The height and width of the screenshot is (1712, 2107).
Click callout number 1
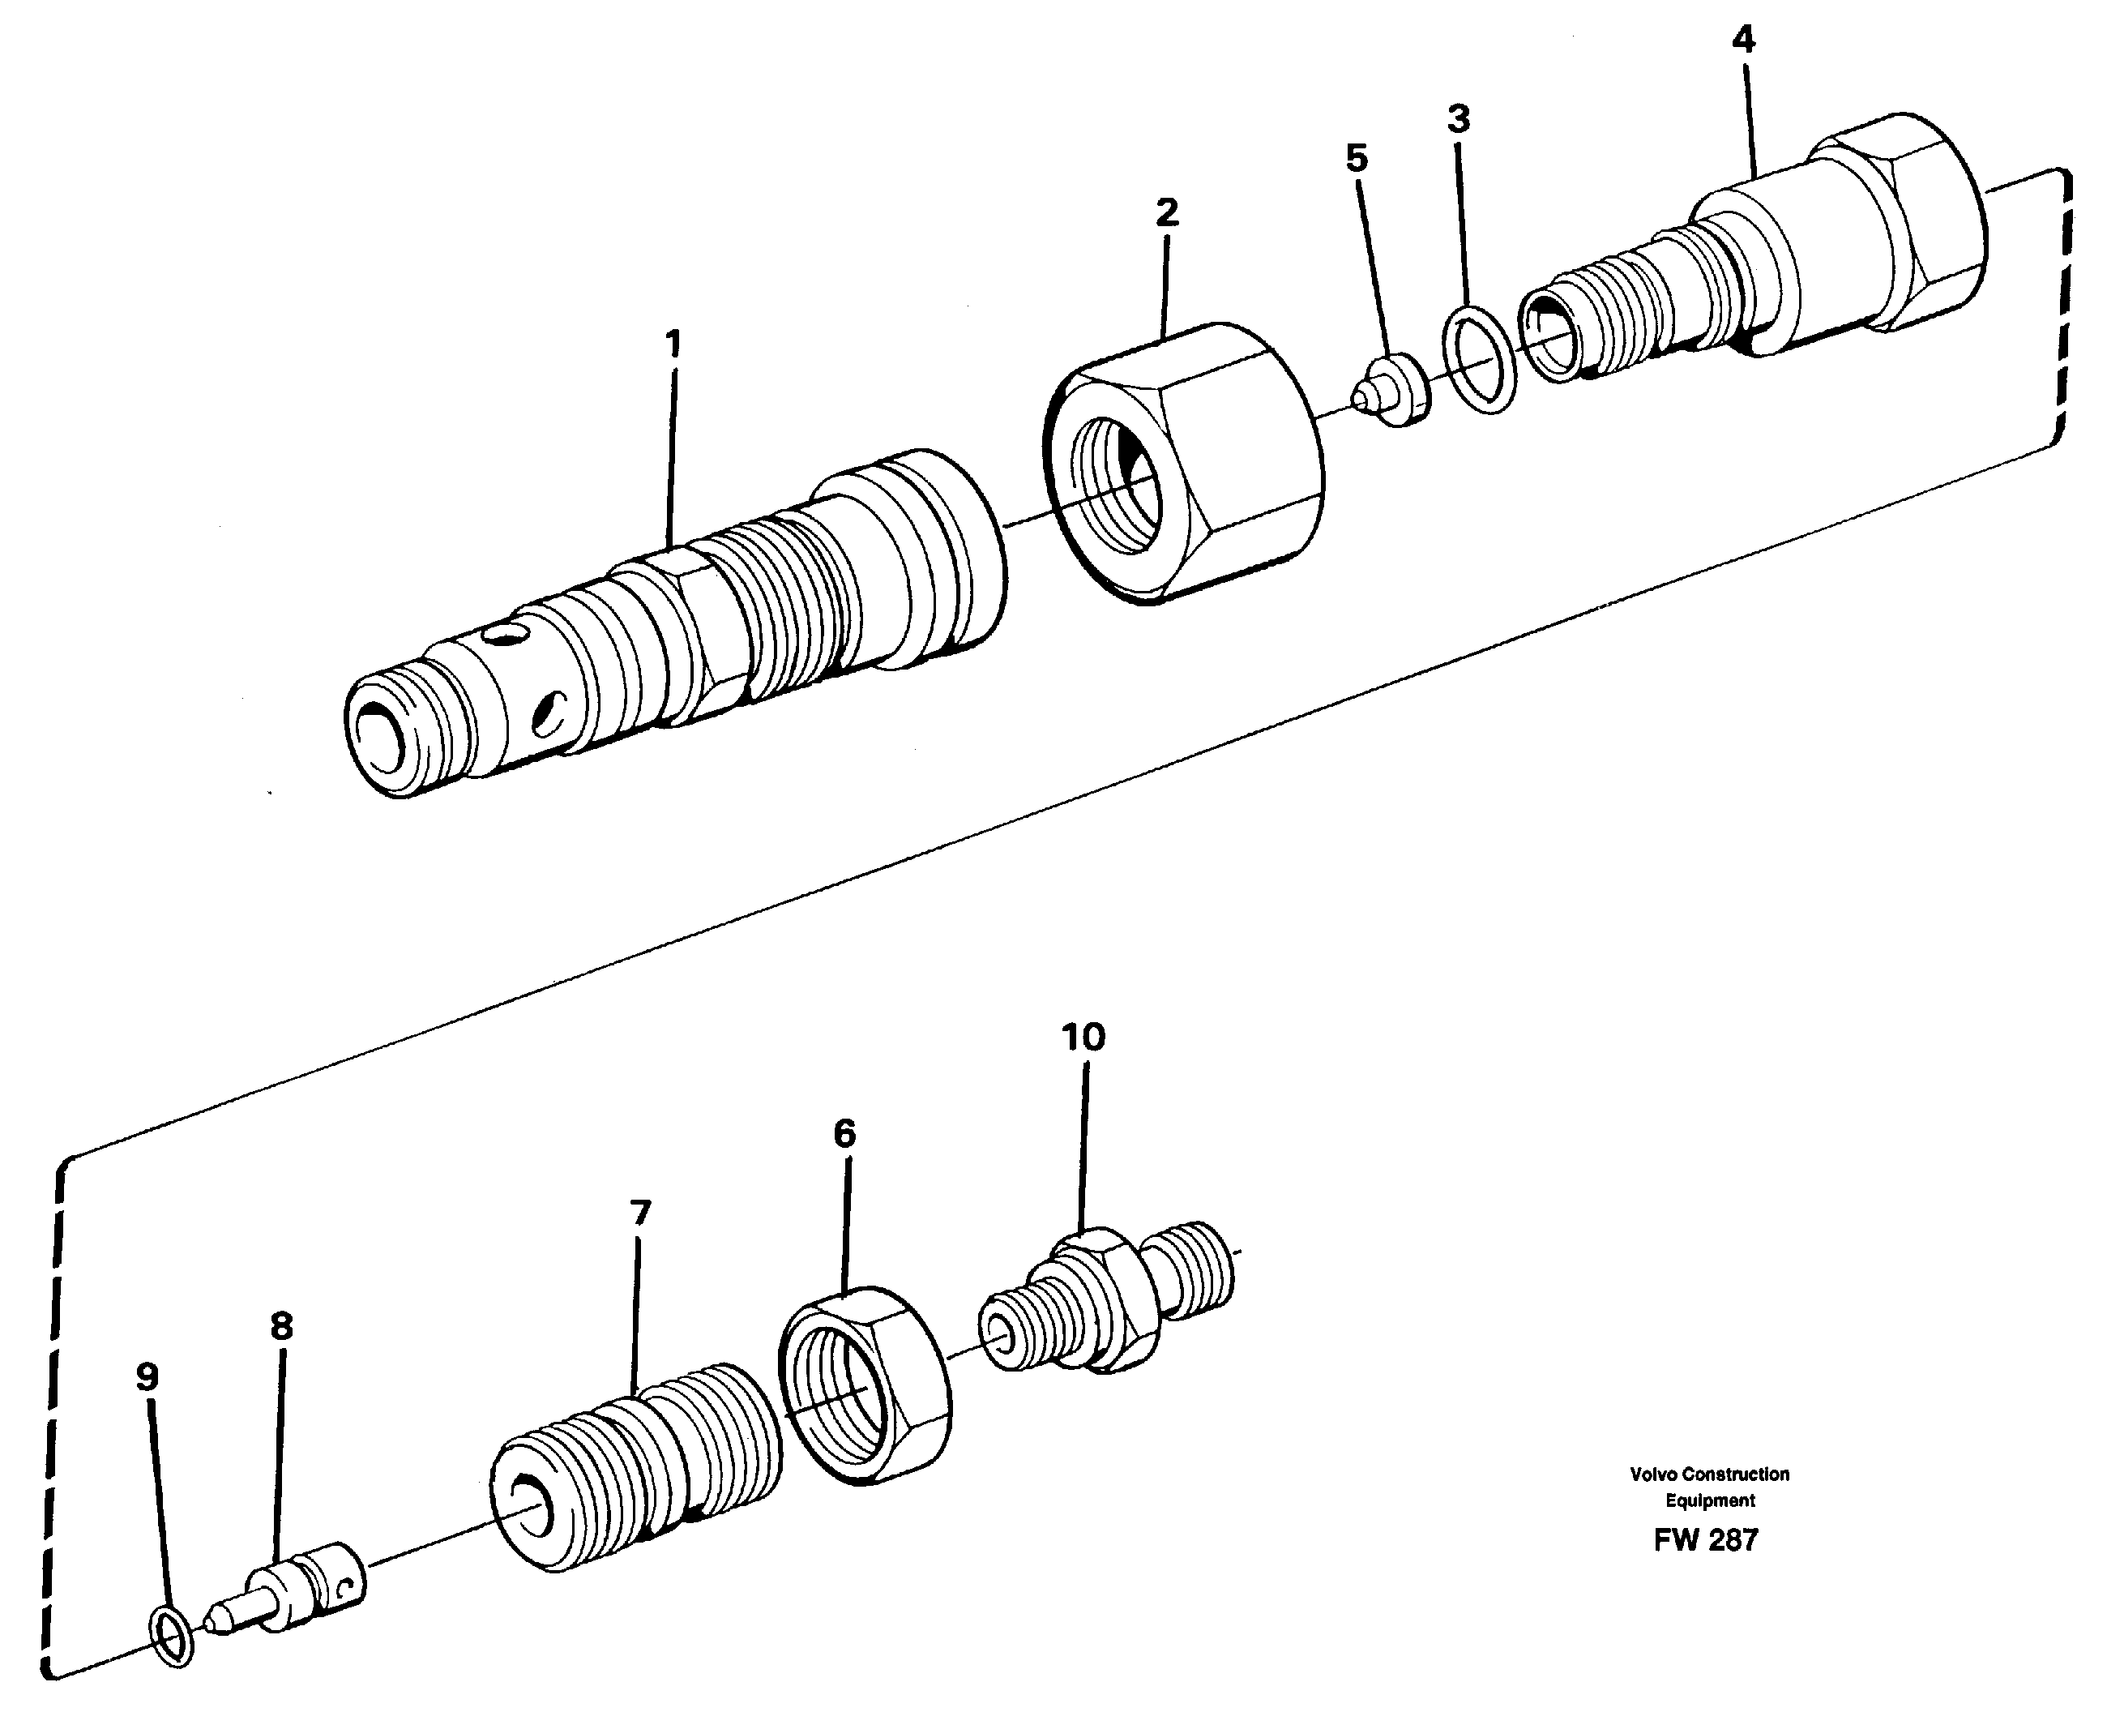pyautogui.click(x=673, y=345)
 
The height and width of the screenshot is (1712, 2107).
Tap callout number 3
pyautogui.click(x=1458, y=119)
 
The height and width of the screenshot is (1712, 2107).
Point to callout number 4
pyautogui.click(x=1743, y=41)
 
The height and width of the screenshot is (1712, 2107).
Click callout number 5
pyautogui.click(x=1357, y=158)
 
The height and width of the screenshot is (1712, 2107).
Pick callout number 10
pyautogui.click(x=1083, y=1037)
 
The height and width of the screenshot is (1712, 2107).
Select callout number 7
pyautogui.click(x=640, y=1212)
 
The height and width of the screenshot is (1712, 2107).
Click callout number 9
pyautogui.click(x=147, y=1376)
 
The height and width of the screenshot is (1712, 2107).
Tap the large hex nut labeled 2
pyautogui.click(x=1183, y=464)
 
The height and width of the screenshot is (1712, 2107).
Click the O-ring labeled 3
pyautogui.click(x=1478, y=361)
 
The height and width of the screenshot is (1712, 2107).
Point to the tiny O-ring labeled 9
pyautogui.click(x=173, y=1638)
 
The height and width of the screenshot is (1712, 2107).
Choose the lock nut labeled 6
pyautogui.click(x=865, y=1385)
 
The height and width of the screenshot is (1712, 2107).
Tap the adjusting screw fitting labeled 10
pyautogui.click(x=1105, y=1302)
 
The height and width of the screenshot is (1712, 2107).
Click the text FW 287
pyautogui.click(x=1706, y=1540)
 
